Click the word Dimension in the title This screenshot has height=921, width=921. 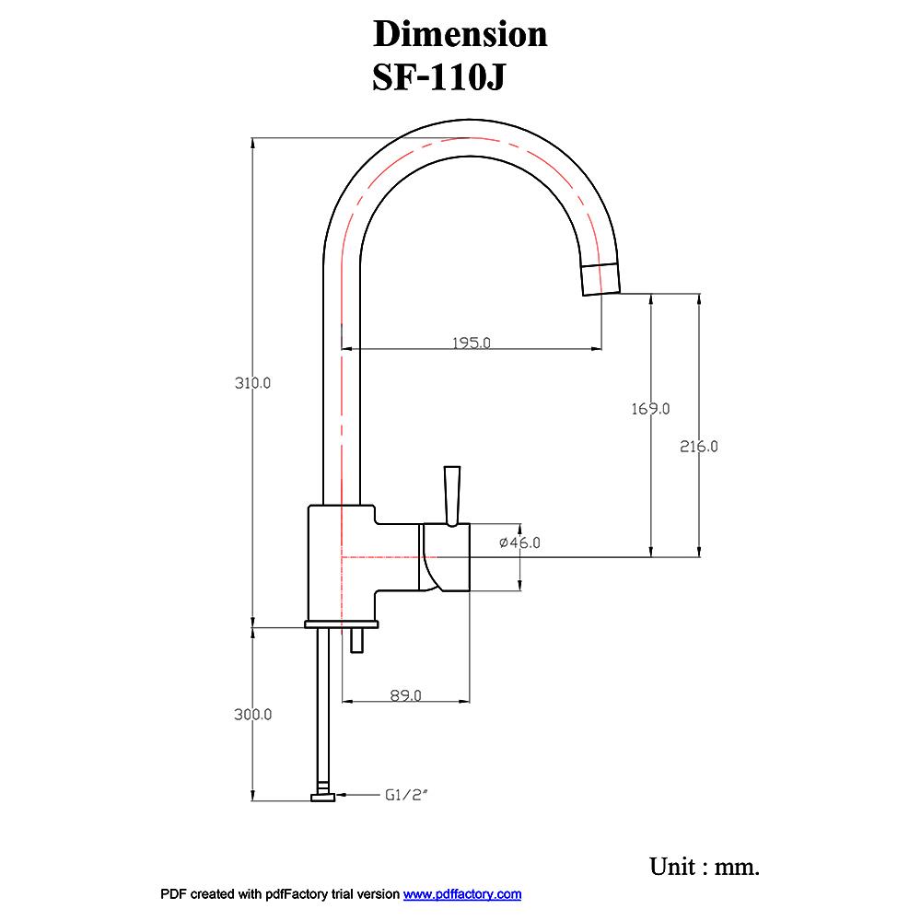pyautogui.click(x=460, y=34)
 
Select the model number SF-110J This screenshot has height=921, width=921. pyautogui.click(x=438, y=78)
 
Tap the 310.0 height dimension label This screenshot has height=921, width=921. pyautogui.click(x=252, y=383)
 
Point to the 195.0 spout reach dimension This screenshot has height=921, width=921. pyautogui.click(x=472, y=343)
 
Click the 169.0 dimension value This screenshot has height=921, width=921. pyautogui.click(x=650, y=408)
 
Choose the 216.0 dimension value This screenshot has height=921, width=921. pyautogui.click(x=699, y=447)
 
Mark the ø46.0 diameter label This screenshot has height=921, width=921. pyautogui.click(x=519, y=543)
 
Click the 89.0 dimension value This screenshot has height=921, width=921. pyautogui.click(x=405, y=695)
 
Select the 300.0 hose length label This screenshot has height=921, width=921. pyautogui.click(x=252, y=714)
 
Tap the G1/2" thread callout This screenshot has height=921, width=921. pyautogui.click(x=407, y=793)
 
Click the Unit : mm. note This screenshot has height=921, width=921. pyautogui.click(x=705, y=867)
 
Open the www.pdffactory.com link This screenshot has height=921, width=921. pyautogui.click(x=462, y=894)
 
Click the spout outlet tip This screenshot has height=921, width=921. pyautogui.click(x=600, y=279)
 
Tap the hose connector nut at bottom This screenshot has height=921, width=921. pyautogui.click(x=322, y=797)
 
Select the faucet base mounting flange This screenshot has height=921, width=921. pyautogui.click(x=341, y=625)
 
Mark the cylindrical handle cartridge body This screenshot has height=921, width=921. pyautogui.click(x=447, y=557)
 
